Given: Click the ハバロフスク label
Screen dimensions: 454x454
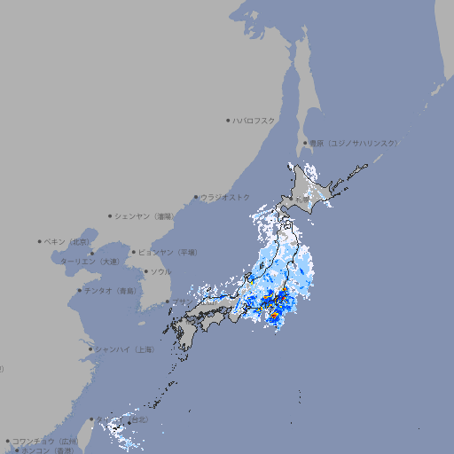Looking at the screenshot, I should pos(254,120).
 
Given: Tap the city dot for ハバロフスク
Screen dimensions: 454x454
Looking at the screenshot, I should pos(228,120).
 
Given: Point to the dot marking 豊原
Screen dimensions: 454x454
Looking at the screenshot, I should pos(305,143).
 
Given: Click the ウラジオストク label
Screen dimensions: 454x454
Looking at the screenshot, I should pos(226,197).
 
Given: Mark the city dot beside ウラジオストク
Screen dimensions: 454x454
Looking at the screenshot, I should pos(196,197).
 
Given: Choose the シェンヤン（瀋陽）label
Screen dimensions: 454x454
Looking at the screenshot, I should pos(144,215).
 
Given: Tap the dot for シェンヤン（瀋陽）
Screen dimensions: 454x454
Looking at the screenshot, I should pos(110,215).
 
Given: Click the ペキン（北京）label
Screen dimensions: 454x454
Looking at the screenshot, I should pos(67,241).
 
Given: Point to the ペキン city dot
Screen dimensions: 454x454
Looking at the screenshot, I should pos(40,241).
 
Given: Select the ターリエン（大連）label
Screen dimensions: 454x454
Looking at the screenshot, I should pos(90,262).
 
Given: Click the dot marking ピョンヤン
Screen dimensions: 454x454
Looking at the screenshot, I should pos(134,252).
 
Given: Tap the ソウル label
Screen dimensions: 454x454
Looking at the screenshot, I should pos(160,271).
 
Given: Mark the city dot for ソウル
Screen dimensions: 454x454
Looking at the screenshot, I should pos(145,271).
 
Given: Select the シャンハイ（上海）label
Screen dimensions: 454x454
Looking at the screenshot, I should pos(125,349).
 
